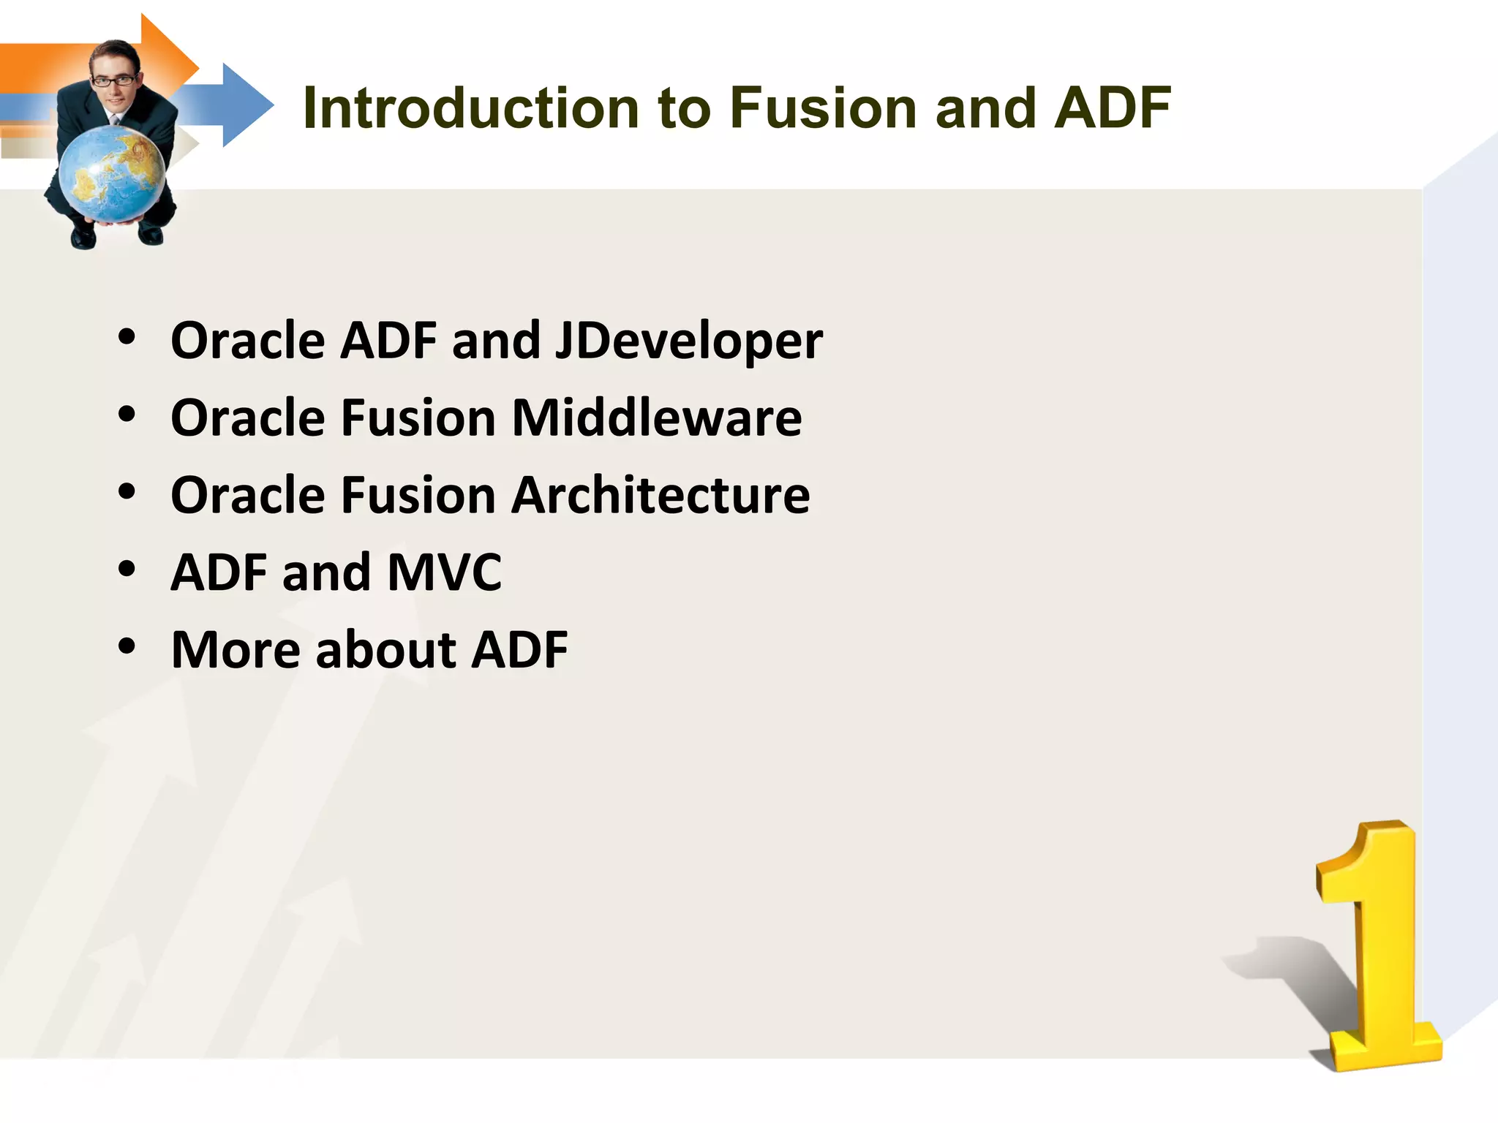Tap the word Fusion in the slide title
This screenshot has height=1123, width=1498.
822,108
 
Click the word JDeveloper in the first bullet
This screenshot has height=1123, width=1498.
688,341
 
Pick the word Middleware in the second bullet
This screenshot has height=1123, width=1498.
656,418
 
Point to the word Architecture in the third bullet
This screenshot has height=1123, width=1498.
660,495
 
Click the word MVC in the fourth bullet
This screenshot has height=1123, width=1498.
444,572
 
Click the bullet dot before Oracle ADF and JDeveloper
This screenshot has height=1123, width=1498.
127,337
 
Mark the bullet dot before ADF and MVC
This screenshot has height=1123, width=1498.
127,569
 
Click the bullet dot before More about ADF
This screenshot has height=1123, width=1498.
127,646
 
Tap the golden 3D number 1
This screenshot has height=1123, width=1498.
1375,950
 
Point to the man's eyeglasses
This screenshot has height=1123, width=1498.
114,80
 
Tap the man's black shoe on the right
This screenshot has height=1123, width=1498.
151,235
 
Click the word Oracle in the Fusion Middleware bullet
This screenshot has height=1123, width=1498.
247,418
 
